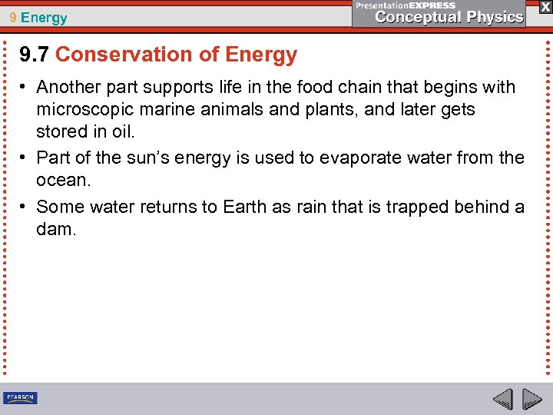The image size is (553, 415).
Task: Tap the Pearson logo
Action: (x=20, y=398)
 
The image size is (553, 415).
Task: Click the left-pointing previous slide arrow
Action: (x=502, y=399)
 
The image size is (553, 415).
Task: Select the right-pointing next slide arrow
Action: (x=531, y=399)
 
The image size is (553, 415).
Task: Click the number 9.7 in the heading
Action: (x=35, y=55)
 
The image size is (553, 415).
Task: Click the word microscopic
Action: (x=81, y=109)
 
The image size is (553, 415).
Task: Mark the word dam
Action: (x=56, y=229)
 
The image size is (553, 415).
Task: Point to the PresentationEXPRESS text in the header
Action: (x=406, y=5)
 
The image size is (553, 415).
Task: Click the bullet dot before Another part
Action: (x=25, y=87)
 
